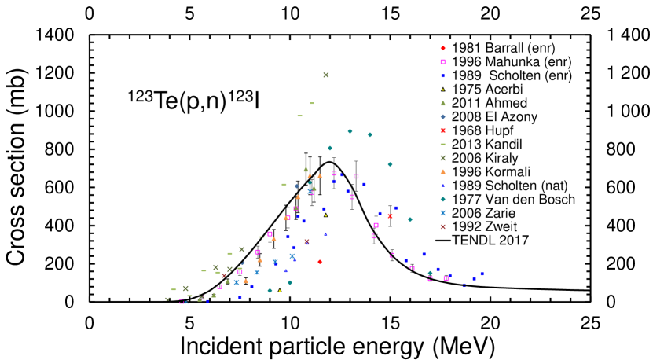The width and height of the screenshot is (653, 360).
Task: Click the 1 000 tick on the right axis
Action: coord(624,112)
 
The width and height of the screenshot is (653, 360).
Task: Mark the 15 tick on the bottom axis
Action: coord(391,322)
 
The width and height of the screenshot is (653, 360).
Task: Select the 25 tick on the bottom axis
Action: coord(590,322)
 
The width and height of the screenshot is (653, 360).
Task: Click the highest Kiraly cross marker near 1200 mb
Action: coord(325,75)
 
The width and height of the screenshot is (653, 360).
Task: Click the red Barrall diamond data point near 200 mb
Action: coord(320,262)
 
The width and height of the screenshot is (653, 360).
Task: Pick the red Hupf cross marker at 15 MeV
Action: coord(391,216)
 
